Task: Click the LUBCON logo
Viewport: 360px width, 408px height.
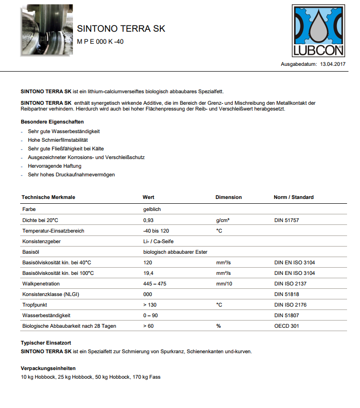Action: click(x=319, y=31)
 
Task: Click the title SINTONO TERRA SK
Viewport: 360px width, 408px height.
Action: click(x=121, y=29)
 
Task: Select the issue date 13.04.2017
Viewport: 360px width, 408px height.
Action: click(x=333, y=64)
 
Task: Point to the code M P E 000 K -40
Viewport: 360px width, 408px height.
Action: click(x=100, y=42)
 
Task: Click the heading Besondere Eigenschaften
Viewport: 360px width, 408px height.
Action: click(x=52, y=122)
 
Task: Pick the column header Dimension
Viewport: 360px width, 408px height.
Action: click(x=228, y=197)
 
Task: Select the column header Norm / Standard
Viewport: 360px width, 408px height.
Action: click(x=293, y=197)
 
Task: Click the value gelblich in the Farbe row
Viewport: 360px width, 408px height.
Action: click(x=152, y=210)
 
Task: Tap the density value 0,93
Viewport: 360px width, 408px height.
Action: click(x=148, y=220)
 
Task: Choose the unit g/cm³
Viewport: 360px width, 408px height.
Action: click(x=223, y=220)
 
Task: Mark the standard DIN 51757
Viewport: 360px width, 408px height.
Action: click(x=287, y=220)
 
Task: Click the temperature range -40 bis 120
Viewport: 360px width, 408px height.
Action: click(x=156, y=231)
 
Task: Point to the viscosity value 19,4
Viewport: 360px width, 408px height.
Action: click(x=148, y=273)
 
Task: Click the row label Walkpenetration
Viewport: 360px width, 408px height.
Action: click(x=41, y=284)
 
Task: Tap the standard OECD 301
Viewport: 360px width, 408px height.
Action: click(x=286, y=326)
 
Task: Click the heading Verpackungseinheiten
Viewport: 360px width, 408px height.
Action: click(x=48, y=368)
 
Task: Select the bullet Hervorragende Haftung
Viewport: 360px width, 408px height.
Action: click(x=55, y=166)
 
